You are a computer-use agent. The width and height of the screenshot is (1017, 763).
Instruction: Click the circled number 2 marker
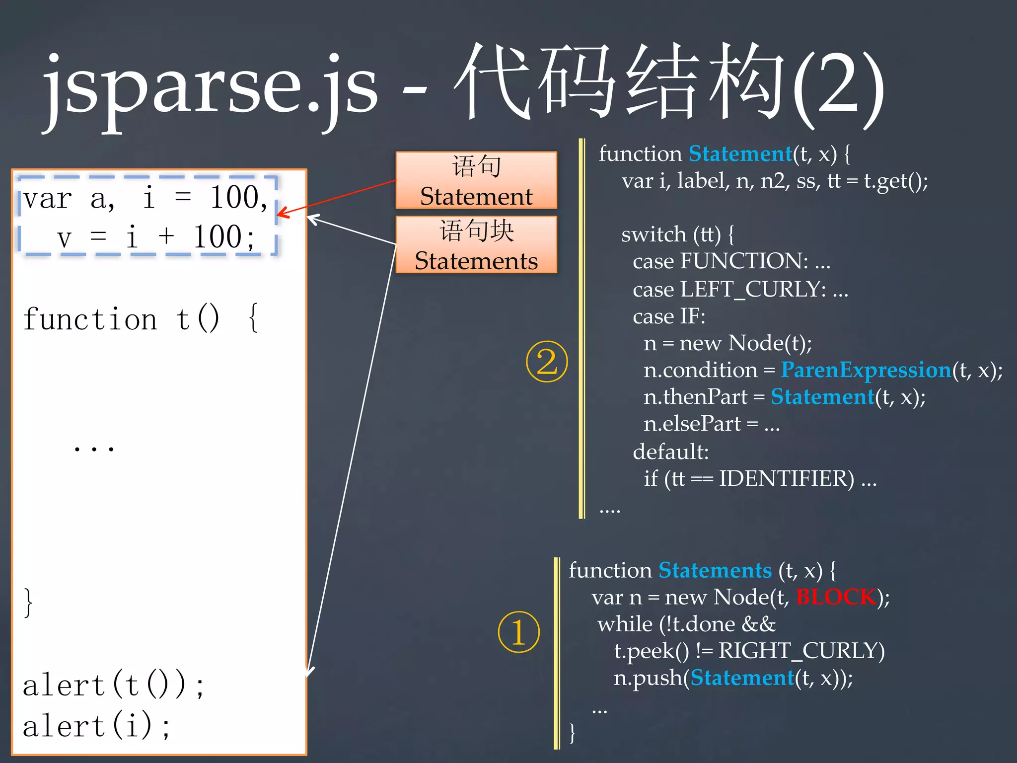[x=547, y=362]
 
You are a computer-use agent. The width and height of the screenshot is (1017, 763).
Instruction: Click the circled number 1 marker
[x=518, y=632]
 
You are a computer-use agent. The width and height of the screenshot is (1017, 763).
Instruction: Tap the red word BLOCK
[x=836, y=597]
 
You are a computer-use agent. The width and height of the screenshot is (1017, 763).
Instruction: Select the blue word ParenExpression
[x=866, y=370]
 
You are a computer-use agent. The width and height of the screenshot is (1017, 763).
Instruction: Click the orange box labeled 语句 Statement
[x=476, y=180]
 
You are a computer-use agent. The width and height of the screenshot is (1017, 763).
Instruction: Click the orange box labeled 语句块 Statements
[x=476, y=245]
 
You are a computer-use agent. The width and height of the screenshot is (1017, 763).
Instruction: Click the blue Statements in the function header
[x=715, y=570]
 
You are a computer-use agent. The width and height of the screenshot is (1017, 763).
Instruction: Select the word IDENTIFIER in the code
[x=787, y=478]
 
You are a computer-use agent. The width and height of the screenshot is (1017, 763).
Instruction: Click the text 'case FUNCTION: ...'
[x=731, y=261]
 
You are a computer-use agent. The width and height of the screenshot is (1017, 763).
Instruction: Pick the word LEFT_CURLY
[x=753, y=289]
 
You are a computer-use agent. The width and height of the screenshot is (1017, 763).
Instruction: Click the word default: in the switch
[x=670, y=452]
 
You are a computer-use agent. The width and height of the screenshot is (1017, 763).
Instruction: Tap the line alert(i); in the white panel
[x=97, y=725]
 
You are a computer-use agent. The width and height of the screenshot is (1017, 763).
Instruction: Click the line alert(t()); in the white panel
[x=113, y=686]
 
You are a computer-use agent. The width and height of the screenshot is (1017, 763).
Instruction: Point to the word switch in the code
[x=654, y=234]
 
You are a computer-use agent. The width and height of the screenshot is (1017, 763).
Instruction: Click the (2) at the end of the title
[x=838, y=89]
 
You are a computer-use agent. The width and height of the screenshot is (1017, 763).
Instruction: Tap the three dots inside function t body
[x=94, y=448]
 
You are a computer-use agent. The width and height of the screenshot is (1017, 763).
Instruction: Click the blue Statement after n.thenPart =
[x=822, y=397]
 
